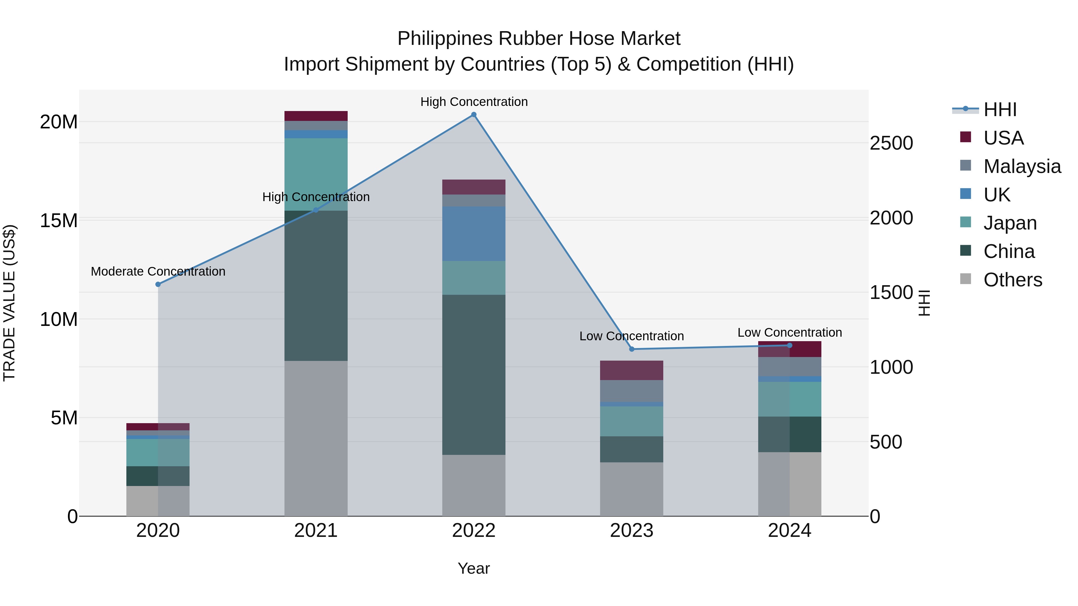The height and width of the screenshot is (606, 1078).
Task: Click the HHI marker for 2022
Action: (x=474, y=115)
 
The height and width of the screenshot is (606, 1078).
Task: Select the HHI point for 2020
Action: (x=158, y=284)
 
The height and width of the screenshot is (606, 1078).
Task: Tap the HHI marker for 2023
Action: (x=632, y=349)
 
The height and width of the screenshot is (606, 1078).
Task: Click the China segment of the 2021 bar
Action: (x=316, y=286)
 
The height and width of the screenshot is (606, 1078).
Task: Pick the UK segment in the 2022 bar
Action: (x=474, y=233)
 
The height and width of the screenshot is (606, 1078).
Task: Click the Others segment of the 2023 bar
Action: (x=632, y=489)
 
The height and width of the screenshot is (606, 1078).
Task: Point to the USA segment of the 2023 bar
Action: (x=632, y=370)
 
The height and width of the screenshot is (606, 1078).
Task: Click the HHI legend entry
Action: (x=1000, y=110)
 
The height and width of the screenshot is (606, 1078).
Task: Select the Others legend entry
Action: (x=1013, y=280)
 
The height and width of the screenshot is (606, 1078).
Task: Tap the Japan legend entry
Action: (x=1010, y=223)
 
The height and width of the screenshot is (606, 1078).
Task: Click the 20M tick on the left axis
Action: (x=59, y=122)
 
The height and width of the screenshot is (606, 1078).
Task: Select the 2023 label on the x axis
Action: (x=632, y=531)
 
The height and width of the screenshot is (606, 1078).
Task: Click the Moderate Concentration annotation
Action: (x=158, y=271)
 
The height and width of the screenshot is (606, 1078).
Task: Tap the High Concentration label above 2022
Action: (x=474, y=102)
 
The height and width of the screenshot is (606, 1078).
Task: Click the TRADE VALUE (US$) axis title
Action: (x=9, y=303)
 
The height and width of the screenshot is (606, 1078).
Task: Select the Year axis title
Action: (x=474, y=568)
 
